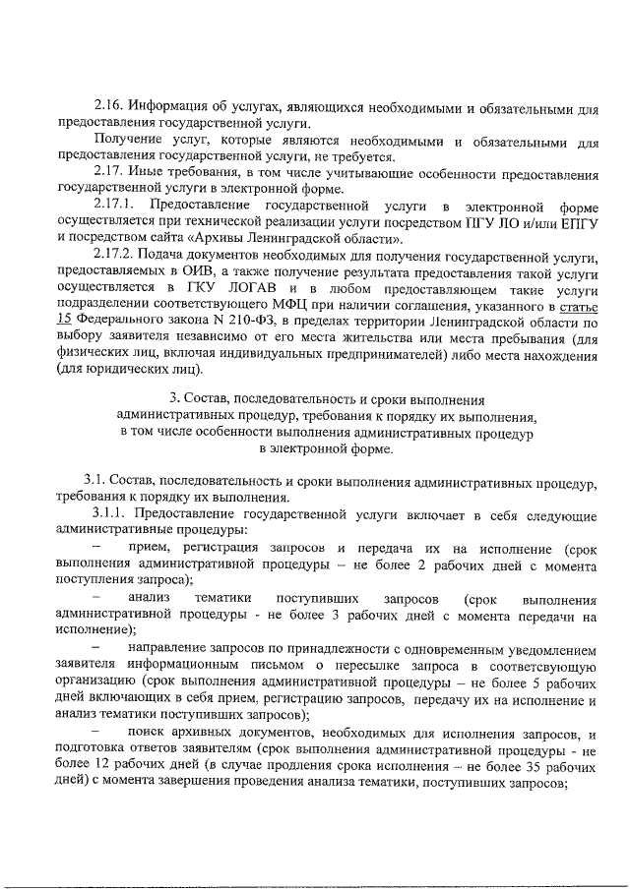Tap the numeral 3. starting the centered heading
[174, 398]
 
